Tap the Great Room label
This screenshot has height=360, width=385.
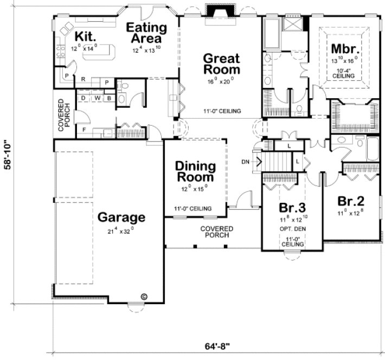click(221, 64)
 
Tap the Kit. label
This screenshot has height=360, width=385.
click(86, 36)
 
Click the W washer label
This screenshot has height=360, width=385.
click(97, 98)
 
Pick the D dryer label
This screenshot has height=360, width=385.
click(85, 98)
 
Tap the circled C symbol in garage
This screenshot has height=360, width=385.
click(144, 296)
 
